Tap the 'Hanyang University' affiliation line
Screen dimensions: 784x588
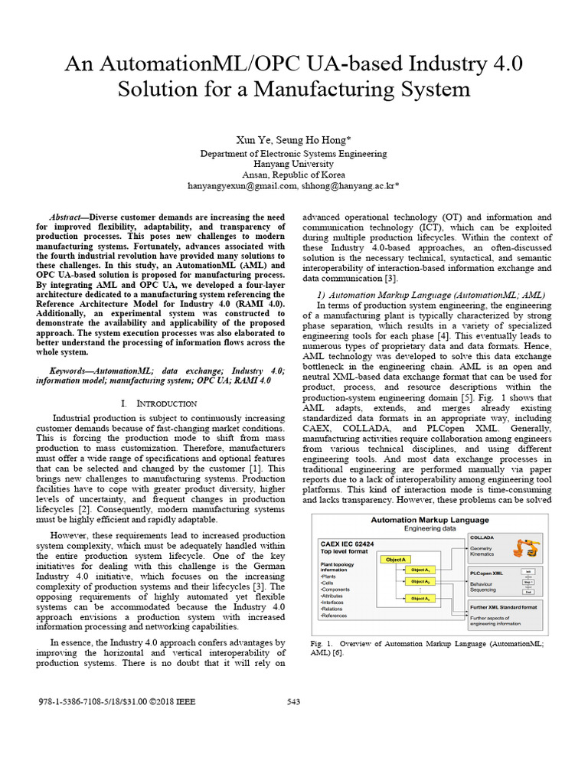click(293, 164)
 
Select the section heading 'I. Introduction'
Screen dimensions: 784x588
click(159, 403)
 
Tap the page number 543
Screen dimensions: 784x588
click(294, 702)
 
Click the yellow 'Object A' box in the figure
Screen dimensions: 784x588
click(397, 559)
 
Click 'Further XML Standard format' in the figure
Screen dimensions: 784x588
click(503, 606)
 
